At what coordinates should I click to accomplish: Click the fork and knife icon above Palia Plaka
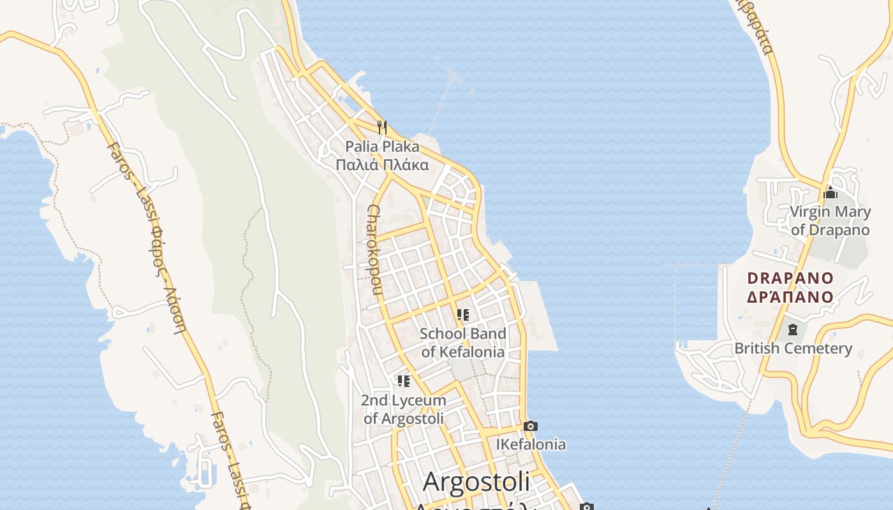[382, 127]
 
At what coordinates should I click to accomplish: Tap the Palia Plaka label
[383, 147]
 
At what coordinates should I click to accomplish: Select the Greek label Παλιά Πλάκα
[383, 165]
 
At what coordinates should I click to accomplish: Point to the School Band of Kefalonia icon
[463, 315]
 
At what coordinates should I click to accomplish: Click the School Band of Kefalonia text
[463, 342]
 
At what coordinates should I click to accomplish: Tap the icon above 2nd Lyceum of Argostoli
[404, 381]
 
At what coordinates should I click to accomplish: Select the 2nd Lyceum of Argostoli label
[404, 409]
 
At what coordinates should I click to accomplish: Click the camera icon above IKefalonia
[530, 426]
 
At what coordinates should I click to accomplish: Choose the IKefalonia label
[531, 444]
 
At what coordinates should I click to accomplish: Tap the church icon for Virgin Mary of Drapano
[830, 192]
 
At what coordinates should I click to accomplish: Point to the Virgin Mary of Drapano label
[830, 221]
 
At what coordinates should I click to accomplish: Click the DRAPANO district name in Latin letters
[790, 278]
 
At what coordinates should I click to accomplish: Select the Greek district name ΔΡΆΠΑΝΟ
[790, 296]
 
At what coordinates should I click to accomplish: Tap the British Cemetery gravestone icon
[792, 330]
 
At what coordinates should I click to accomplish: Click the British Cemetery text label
[793, 348]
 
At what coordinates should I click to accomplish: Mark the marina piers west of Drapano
[698, 300]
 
